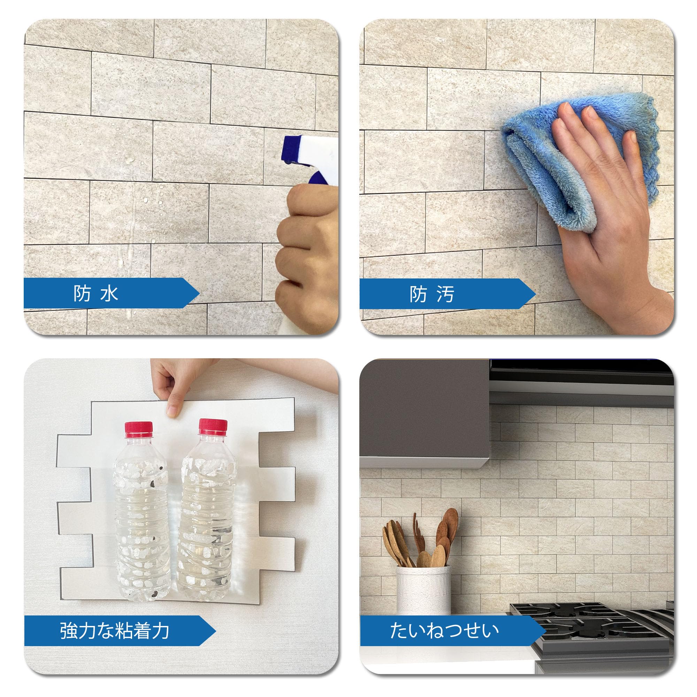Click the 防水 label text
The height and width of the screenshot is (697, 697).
(x=95, y=293)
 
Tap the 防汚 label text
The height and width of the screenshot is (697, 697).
(x=432, y=294)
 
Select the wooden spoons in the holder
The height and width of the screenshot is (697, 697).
(x=421, y=539)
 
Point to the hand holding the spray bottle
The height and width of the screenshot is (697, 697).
(x=307, y=253)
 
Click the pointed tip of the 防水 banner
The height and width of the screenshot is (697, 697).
(x=199, y=293)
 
